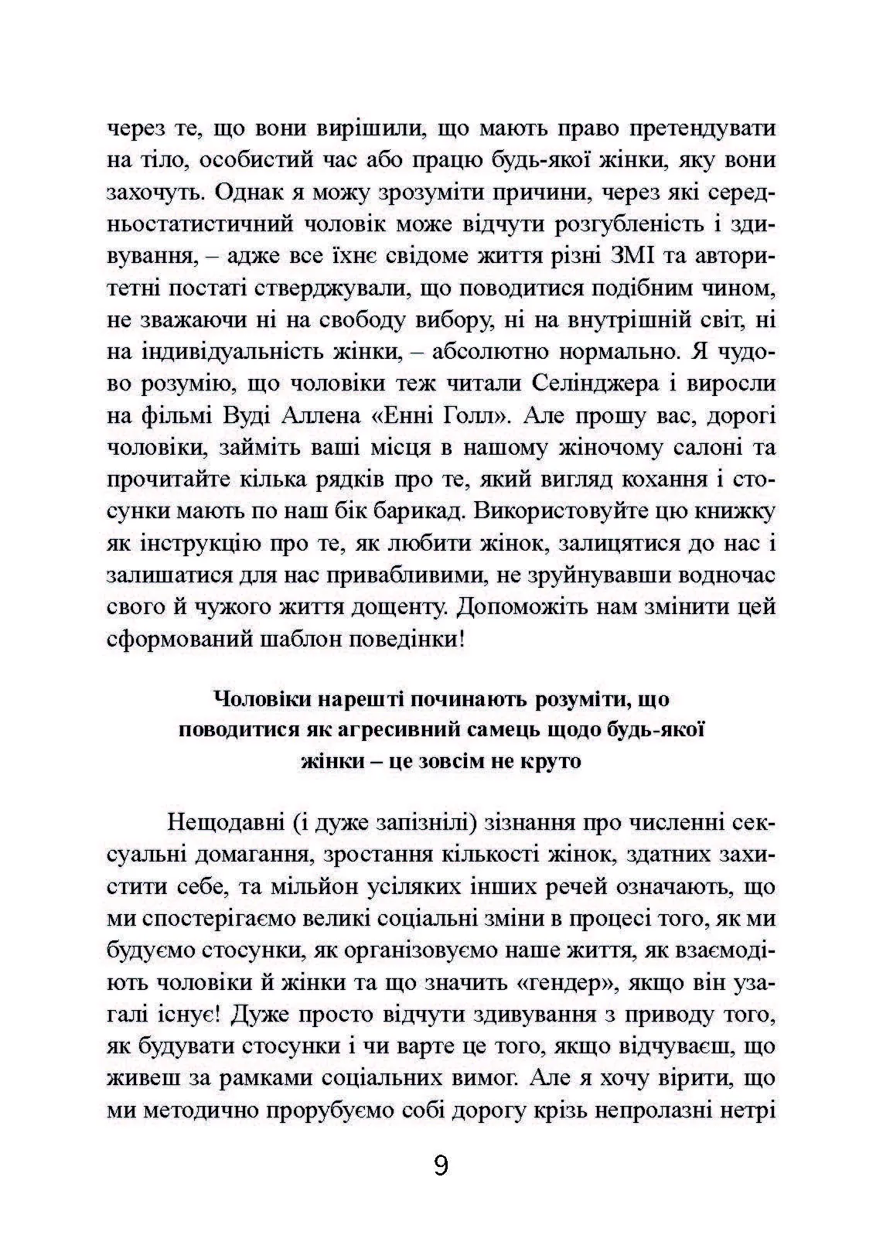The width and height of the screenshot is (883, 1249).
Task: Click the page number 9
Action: click(x=441, y=1165)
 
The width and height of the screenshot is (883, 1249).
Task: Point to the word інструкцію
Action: click(x=199, y=543)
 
